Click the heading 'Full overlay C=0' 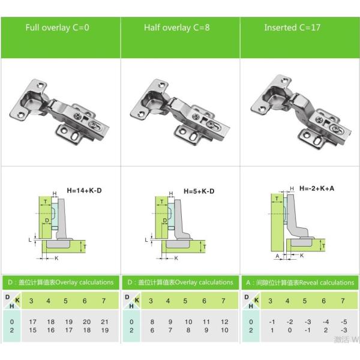(57, 28)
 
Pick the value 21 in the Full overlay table (104, 322)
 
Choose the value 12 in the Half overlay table (224, 322)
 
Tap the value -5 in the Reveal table (344, 322)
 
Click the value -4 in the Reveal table (326, 322)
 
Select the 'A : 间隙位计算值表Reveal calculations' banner (299, 282)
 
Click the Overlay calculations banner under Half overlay (179, 282)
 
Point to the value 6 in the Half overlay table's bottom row (152, 330)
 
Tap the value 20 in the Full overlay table (85, 322)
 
